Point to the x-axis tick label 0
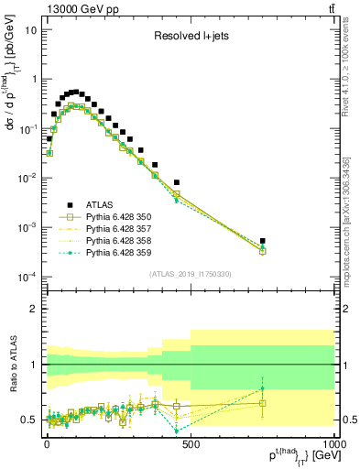coord(46,442)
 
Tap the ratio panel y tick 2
coord(35,309)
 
